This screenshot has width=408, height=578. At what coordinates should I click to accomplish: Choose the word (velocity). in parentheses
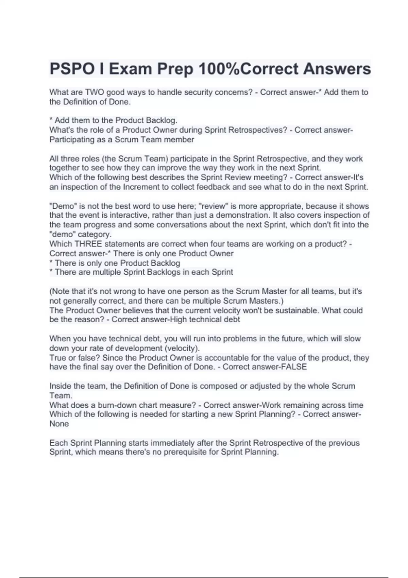coord(182,348)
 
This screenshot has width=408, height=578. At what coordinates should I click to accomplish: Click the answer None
coord(59,424)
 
